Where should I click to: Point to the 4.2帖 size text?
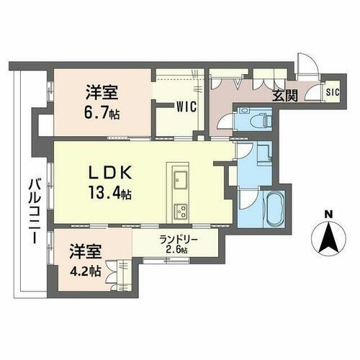click(84, 273)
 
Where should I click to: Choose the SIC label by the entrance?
click(332, 92)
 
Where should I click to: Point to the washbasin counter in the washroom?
click(264, 156)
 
